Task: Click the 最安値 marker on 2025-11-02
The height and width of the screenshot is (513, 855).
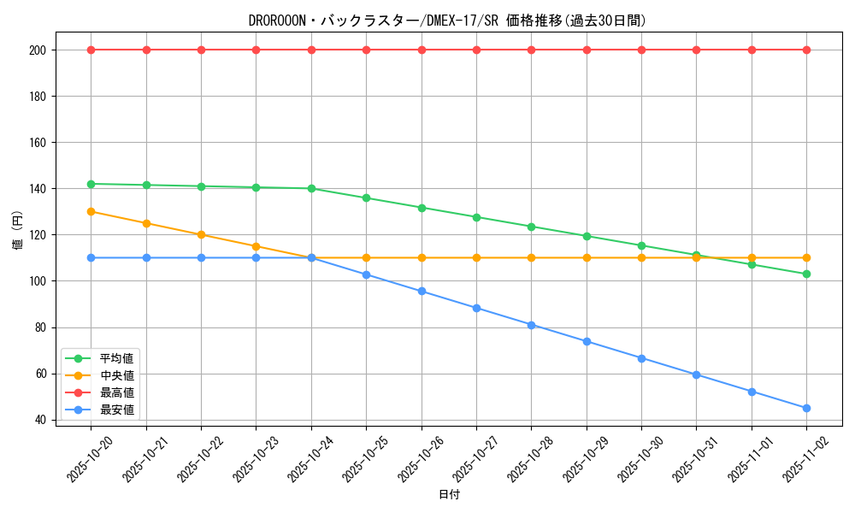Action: click(806, 408)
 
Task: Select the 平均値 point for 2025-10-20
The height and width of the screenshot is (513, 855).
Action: click(91, 184)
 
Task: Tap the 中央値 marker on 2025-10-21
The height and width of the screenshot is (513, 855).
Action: click(146, 223)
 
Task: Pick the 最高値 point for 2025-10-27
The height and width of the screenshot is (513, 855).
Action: click(476, 50)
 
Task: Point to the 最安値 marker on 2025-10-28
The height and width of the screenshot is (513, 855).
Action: click(531, 325)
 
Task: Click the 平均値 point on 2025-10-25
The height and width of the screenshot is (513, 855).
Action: click(366, 198)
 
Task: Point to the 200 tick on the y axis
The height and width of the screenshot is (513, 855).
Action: click(38, 50)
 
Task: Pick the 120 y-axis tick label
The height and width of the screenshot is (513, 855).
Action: click(38, 235)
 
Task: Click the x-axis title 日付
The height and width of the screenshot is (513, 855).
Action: click(448, 495)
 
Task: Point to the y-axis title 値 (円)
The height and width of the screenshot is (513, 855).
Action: click(17, 230)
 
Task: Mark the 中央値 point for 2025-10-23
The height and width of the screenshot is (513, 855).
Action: click(256, 246)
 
